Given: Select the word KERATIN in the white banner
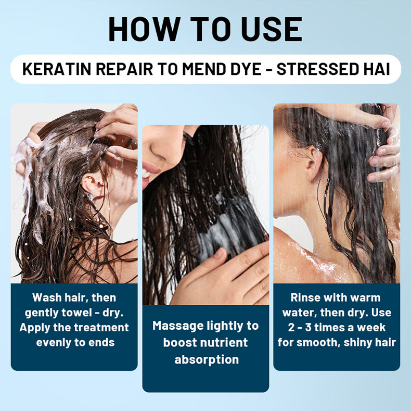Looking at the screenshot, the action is point(57,69).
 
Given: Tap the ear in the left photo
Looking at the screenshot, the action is point(91,184).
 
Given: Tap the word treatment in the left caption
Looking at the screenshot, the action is point(101,328).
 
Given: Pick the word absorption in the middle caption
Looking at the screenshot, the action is point(207,360).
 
